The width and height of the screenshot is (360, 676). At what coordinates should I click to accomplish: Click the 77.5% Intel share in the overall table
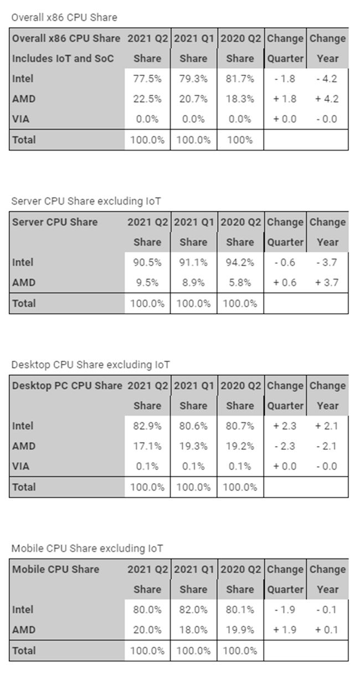(147, 79)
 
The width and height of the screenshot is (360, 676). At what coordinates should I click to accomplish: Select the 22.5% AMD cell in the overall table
(147, 99)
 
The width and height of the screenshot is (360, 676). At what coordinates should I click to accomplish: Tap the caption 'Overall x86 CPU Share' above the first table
(64, 17)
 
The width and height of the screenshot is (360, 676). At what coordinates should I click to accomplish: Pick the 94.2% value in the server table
(240, 262)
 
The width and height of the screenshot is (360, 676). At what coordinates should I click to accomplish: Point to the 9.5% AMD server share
(147, 283)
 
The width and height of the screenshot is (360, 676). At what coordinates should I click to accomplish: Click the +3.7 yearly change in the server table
(327, 283)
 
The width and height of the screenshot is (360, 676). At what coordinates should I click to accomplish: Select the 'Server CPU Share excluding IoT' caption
(86, 201)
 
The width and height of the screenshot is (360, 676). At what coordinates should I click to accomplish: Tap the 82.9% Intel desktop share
(147, 426)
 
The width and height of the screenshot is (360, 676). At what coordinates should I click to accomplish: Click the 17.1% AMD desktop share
(147, 446)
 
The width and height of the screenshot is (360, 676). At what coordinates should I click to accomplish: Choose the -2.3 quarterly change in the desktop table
(285, 446)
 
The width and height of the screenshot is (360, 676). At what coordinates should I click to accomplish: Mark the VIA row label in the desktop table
(20, 466)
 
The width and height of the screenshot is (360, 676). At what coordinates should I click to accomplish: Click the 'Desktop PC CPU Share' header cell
(67, 386)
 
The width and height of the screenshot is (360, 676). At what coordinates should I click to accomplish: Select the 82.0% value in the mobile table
(194, 610)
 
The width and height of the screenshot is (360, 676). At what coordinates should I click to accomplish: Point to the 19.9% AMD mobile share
(240, 630)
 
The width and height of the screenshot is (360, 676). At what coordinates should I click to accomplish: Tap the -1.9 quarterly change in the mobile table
(285, 610)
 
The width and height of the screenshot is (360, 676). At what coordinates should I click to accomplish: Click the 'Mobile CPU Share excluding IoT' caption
(87, 549)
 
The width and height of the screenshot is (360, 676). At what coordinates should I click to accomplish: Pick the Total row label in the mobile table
(24, 651)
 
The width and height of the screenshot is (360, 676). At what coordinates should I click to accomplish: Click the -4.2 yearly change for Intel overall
(327, 79)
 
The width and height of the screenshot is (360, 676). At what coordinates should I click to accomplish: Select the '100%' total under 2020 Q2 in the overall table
(240, 140)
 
